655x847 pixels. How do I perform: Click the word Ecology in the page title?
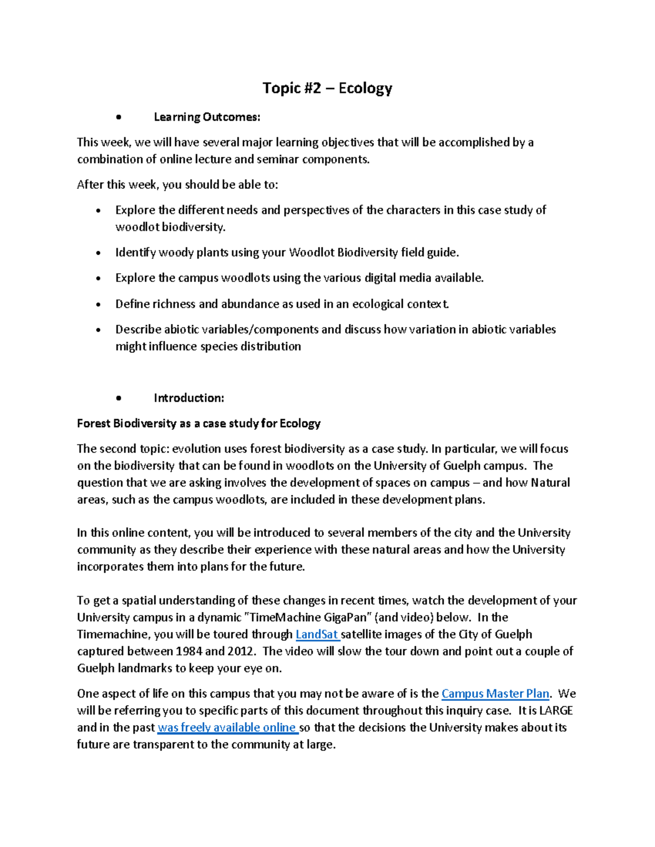coord(365,88)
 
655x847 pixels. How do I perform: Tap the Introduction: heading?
coord(189,398)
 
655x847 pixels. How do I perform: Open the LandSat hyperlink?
coord(317,634)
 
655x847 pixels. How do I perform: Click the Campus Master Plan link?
coord(495,694)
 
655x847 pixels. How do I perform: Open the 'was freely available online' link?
coord(227,728)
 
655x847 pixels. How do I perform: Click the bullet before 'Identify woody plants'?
coord(98,253)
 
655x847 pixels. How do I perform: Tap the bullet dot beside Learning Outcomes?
coord(118,118)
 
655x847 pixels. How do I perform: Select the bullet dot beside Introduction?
coord(118,399)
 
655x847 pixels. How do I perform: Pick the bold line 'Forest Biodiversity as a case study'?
coord(199,424)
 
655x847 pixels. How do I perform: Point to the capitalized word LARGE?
coord(556,711)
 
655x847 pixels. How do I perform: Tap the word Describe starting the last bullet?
coord(138,329)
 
